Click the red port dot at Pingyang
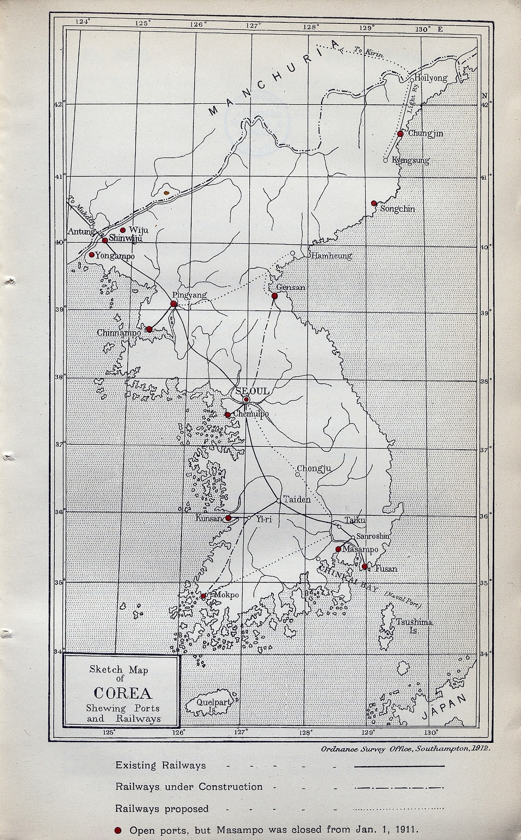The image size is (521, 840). tap(174, 304)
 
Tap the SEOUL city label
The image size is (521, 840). tap(253, 391)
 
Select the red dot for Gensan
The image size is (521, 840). tap(275, 296)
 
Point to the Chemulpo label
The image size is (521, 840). tap(250, 415)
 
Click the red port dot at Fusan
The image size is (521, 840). tap(365, 566)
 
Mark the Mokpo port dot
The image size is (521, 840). tap(203, 596)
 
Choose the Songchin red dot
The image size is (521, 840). tap(374, 203)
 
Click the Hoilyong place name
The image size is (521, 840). tap(431, 78)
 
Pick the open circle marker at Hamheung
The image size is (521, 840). tap(293, 253)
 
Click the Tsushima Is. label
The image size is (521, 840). tap(414, 626)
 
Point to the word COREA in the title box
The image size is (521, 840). tap(122, 693)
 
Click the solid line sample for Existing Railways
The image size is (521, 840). tap(399, 766)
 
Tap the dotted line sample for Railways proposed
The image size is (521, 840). tap(399, 809)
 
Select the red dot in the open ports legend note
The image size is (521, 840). tap(118, 830)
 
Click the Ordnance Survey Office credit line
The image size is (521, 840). tap(405, 749)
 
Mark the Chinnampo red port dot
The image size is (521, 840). tap(149, 329)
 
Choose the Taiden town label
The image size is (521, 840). tap(297, 500)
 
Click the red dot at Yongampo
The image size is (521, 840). tap(91, 255)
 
